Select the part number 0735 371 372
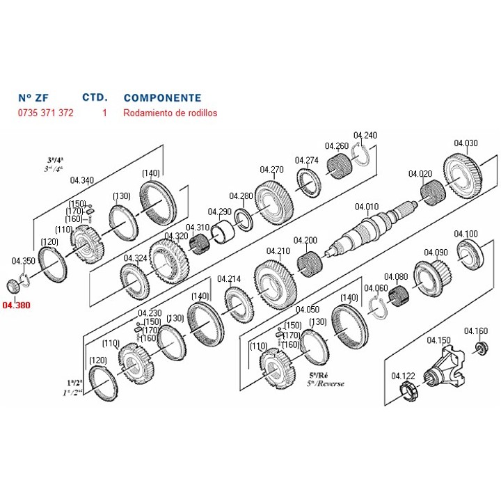click(45, 113)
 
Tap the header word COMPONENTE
click(162, 98)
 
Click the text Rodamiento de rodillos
click(170, 113)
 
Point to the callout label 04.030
click(466, 143)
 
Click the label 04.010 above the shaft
click(366, 206)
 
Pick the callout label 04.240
click(365, 135)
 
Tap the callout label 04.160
click(476, 331)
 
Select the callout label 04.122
click(403, 375)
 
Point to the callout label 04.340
click(82, 180)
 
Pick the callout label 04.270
click(272, 169)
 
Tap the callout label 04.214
click(229, 279)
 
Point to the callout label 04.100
click(466, 233)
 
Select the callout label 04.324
click(135, 258)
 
